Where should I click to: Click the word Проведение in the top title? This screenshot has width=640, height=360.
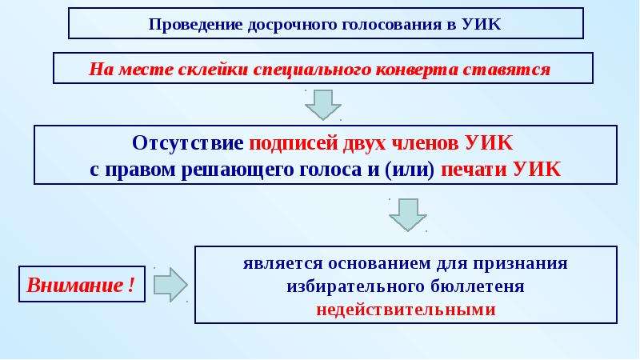[x=196, y=25]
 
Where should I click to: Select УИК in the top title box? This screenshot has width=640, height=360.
[x=482, y=24]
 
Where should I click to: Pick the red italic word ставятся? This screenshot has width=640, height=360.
[x=506, y=70]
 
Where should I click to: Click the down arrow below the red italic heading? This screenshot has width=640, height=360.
[x=323, y=105]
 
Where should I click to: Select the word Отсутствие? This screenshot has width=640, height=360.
[x=188, y=143]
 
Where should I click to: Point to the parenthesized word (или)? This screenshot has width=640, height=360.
[x=410, y=170]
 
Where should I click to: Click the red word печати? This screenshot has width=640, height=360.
[x=474, y=170]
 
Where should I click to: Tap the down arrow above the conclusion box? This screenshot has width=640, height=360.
[x=408, y=215]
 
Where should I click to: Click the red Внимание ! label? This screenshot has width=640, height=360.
[x=81, y=285]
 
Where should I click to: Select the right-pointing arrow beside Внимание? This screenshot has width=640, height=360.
[x=170, y=285]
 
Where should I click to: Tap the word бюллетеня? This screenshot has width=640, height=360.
[x=477, y=286]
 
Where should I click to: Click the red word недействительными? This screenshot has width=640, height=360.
[x=406, y=310]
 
